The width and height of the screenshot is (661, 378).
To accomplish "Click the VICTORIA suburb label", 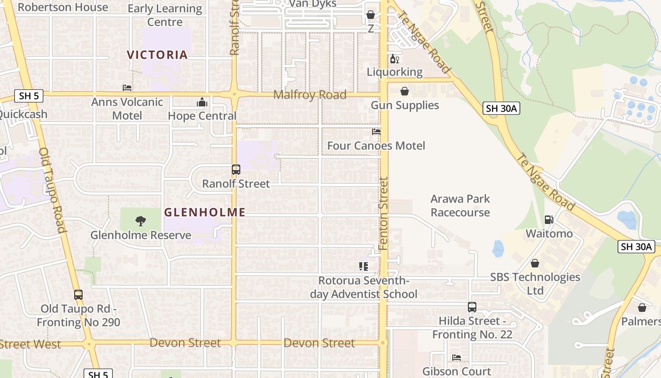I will pos(157,55).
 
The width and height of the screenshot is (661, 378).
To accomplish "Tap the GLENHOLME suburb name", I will pos(204,213).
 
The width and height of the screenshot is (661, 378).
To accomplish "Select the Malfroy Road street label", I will pos(310,94).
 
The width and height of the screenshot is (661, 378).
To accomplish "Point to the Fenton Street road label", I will pos(383,214).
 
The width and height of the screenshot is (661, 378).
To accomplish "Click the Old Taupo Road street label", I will pos(51,190).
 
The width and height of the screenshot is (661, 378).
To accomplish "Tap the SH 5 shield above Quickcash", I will pos(29,96).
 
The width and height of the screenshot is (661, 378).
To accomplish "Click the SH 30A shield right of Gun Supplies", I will pos(501,109).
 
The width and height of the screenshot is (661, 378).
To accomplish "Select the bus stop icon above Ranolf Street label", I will pos(236,170).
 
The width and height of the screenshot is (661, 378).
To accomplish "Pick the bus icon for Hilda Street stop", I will pos(472,307).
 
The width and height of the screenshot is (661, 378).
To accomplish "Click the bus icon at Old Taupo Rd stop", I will pos(78,295).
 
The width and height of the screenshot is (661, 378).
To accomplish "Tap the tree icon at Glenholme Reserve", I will pos(140,221).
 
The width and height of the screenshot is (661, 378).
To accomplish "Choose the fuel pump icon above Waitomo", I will pos(549,219).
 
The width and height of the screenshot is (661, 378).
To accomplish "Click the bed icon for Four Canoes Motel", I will pos(376,132).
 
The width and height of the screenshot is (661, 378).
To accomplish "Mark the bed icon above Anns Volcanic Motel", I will pos(127,88).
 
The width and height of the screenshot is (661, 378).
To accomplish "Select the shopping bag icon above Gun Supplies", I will pos(405,91).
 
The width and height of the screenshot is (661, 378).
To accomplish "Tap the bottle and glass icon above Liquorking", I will pos(394,59).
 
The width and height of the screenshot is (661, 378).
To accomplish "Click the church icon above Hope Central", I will pos(202,102).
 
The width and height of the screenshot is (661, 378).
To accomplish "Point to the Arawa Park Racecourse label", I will pos(460,206).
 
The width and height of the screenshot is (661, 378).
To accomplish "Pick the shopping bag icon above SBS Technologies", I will pos(534,263).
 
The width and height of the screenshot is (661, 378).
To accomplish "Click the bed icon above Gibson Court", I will pos(456,358).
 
